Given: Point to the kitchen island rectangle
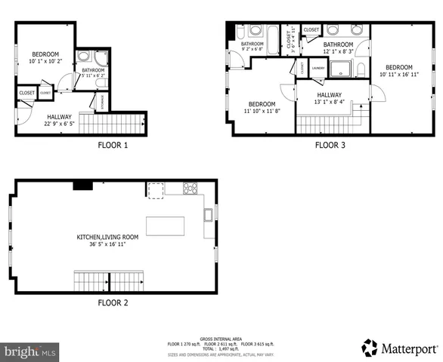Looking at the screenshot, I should click(165, 225).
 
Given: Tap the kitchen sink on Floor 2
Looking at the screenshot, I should click(208, 215).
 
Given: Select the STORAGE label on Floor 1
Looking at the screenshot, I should click(103, 101).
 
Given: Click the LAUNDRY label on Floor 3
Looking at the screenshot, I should click(318, 67).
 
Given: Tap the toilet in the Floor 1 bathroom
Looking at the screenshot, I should click(103, 57).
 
